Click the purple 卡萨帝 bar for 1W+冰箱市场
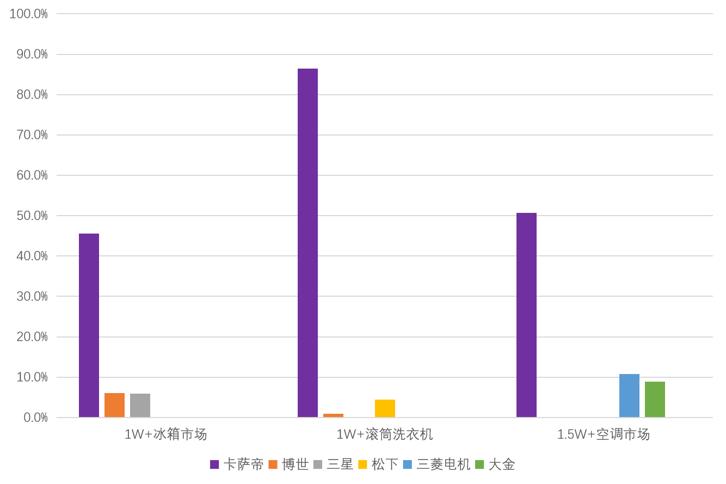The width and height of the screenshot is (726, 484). [x=89, y=326]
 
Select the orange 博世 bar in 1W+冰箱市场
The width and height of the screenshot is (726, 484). [x=114, y=405]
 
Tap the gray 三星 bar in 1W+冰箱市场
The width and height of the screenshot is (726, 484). [x=140, y=406]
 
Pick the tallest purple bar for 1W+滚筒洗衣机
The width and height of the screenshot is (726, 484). [x=307, y=243]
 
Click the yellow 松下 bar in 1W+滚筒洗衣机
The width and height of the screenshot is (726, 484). [x=385, y=408]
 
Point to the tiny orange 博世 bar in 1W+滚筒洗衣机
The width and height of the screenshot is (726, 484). [x=333, y=415]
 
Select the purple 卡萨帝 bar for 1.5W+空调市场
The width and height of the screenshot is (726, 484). [x=526, y=315]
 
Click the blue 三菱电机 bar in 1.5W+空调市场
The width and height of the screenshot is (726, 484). [x=629, y=396]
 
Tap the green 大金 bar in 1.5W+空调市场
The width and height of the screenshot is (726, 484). [x=655, y=400]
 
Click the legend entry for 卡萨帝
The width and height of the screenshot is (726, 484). [x=237, y=464]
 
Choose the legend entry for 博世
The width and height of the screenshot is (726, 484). [x=288, y=464]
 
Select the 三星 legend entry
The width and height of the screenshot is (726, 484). [x=333, y=464]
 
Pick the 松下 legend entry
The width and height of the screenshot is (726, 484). [x=378, y=464]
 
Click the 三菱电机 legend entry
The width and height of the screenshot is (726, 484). [x=436, y=464]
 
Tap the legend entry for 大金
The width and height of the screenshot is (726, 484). [x=495, y=464]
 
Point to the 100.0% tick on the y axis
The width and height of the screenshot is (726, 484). [x=29, y=14]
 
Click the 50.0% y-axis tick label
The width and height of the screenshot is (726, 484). [x=32, y=216]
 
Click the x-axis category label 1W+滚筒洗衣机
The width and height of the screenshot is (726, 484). [x=384, y=434]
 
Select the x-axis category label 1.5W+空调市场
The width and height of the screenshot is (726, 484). [x=603, y=434]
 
